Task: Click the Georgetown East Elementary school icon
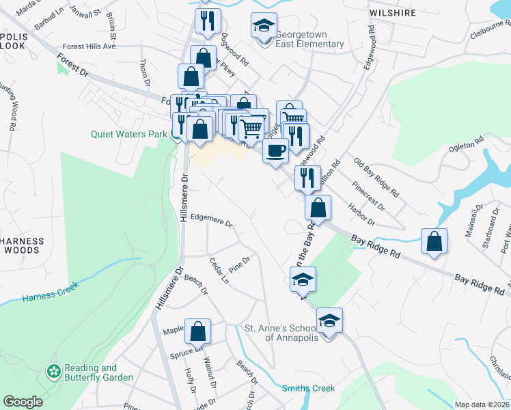point(264,26)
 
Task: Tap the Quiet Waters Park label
point(128,134)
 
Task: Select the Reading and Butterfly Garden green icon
point(53,372)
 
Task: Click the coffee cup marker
point(275,150)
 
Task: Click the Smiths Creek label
point(309,388)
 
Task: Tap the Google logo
point(23,402)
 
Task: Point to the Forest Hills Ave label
point(89,46)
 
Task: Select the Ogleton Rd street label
point(466,138)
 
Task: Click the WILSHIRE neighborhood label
point(392,12)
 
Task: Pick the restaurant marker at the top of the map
point(206,21)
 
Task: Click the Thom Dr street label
point(144,72)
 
